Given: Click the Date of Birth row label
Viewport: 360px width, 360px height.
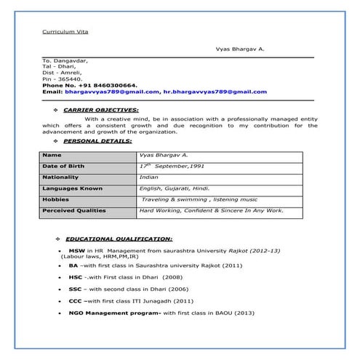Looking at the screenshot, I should click(x=63, y=167).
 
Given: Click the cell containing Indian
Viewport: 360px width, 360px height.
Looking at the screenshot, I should click(x=148, y=177).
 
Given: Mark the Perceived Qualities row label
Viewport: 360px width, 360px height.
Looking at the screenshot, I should click(x=73, y=211).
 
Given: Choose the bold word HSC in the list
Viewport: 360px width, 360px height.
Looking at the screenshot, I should click(x=76, y=277).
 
